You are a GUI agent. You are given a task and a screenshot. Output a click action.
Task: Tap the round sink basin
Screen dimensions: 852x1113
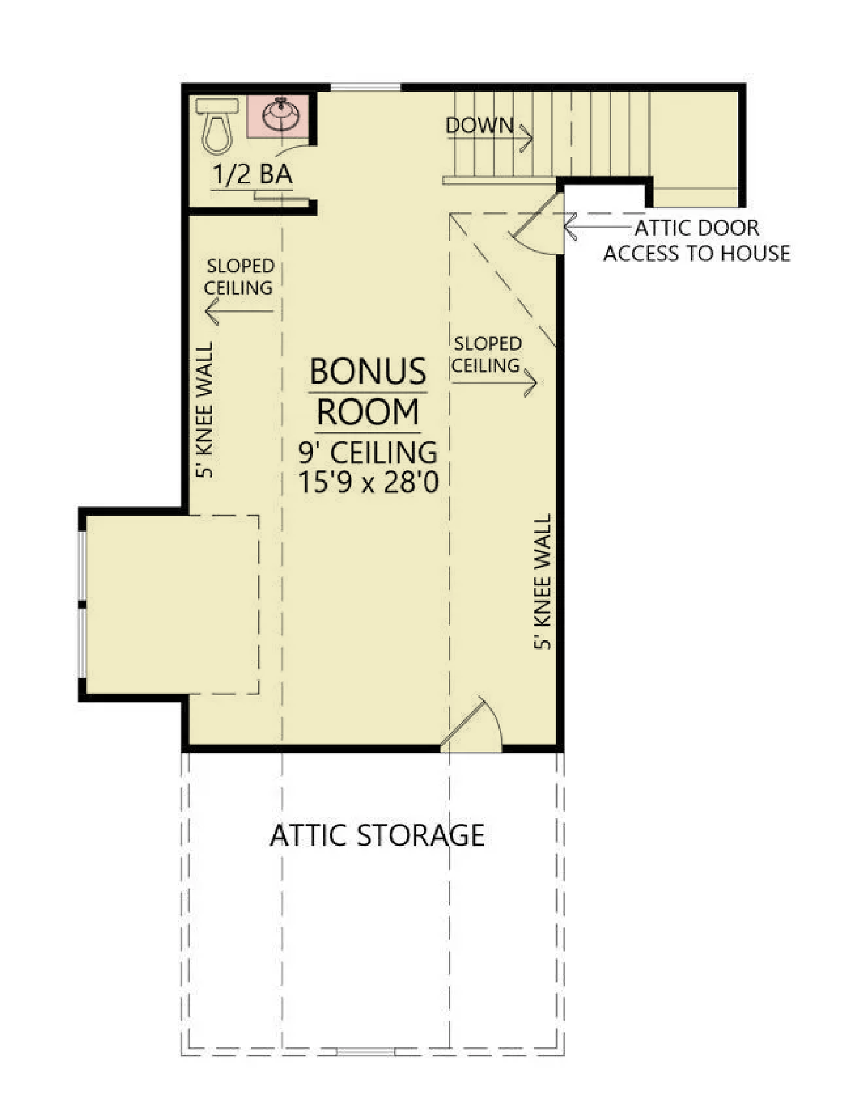tap(280, 115)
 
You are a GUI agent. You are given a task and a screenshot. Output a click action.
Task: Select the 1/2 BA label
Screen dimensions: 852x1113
tap(253, 175)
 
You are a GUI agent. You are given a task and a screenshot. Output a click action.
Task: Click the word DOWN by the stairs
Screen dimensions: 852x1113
tap(480, 125)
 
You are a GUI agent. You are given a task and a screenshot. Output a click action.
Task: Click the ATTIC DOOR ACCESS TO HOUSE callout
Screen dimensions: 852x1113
tap(697, 240)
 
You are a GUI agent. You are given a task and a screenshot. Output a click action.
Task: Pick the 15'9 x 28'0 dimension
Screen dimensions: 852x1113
tap(368, 482)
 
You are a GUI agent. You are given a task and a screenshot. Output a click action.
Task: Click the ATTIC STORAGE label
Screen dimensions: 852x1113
tap(377, 835)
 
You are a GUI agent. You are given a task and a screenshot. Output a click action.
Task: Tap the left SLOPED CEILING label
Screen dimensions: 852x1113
tap(239, 277)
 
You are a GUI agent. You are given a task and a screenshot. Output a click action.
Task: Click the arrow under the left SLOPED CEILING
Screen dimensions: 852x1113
tap(239, 311)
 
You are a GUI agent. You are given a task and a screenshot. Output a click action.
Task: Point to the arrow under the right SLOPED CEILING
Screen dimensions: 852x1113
tap(495, 382)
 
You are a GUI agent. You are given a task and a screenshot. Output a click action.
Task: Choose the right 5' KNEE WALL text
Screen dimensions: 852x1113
tap(542, 581)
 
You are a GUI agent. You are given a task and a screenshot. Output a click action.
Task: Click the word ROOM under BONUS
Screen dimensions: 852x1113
tap(368, 412)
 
